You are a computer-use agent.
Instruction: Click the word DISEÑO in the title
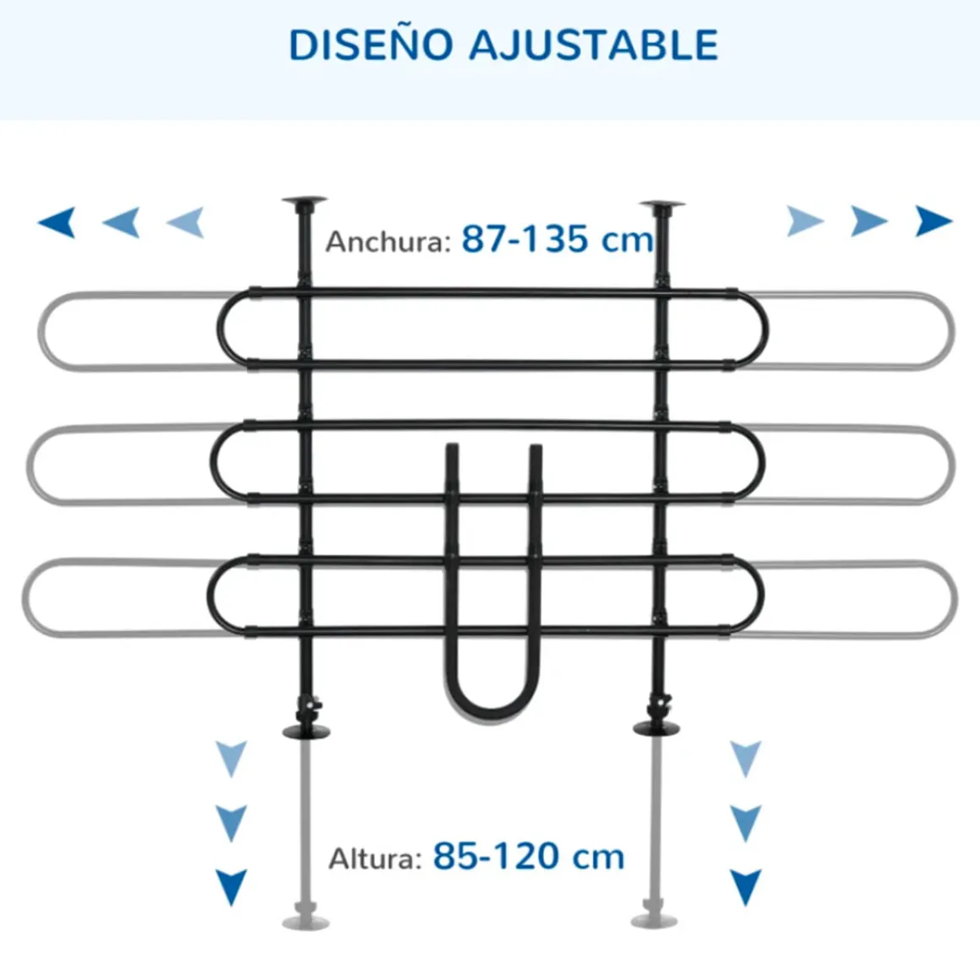371,45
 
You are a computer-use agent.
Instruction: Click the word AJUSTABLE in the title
594,45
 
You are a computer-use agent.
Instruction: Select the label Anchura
388,242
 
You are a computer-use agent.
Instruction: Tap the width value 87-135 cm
557,239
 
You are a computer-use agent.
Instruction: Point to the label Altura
375,858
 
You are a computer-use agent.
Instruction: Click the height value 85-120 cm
529,856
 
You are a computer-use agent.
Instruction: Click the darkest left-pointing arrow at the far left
57,222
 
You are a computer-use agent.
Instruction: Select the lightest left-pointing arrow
186,222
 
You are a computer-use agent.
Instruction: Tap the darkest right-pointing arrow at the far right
934,221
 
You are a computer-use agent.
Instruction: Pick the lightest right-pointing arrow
805,221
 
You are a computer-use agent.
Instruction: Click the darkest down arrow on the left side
231,887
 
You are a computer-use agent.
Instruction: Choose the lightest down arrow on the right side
746,758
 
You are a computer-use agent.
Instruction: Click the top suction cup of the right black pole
662,205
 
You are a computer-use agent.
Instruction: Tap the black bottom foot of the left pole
306,732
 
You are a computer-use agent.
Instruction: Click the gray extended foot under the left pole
306,922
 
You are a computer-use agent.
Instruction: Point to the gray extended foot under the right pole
655,921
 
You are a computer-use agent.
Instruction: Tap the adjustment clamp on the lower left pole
309,708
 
